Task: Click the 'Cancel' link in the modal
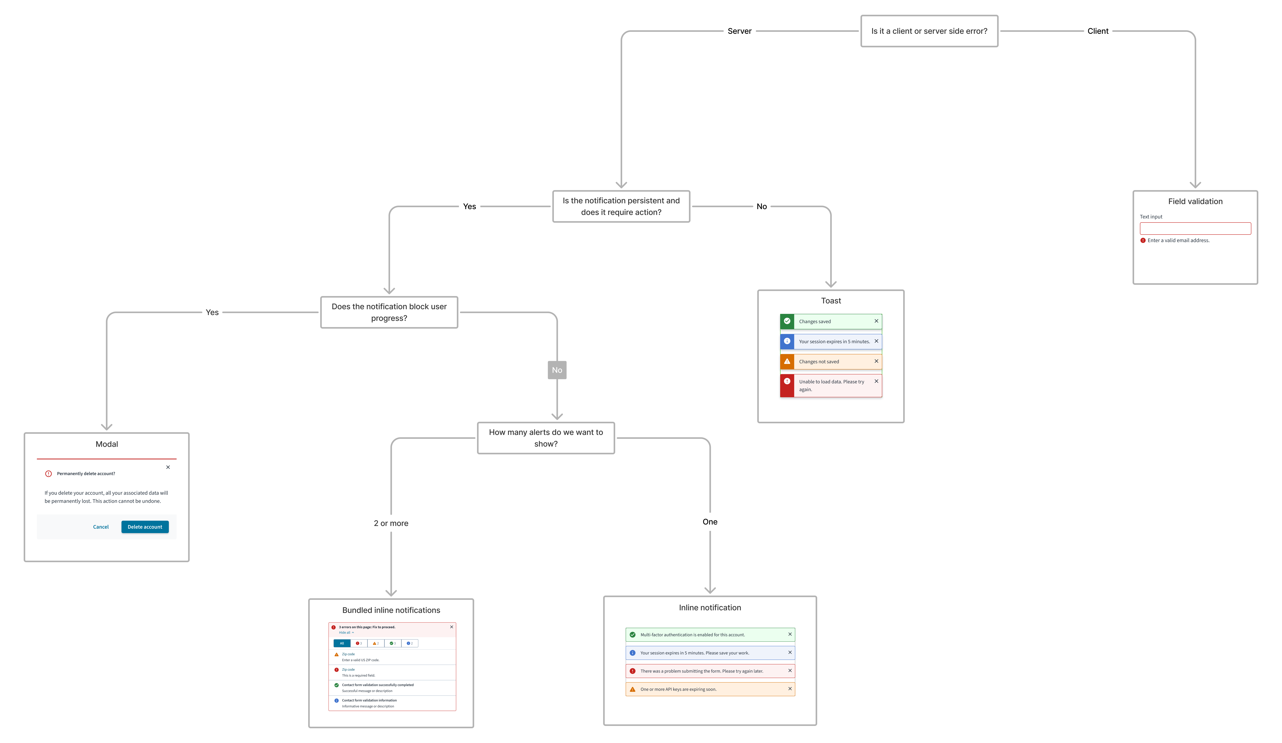click(x=101, y=527)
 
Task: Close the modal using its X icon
click(x=168, y=467)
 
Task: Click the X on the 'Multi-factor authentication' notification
click(x=789, y=634)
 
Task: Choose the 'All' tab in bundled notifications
click(x=342, y=643)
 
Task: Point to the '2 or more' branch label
click(x=391, y=523)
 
